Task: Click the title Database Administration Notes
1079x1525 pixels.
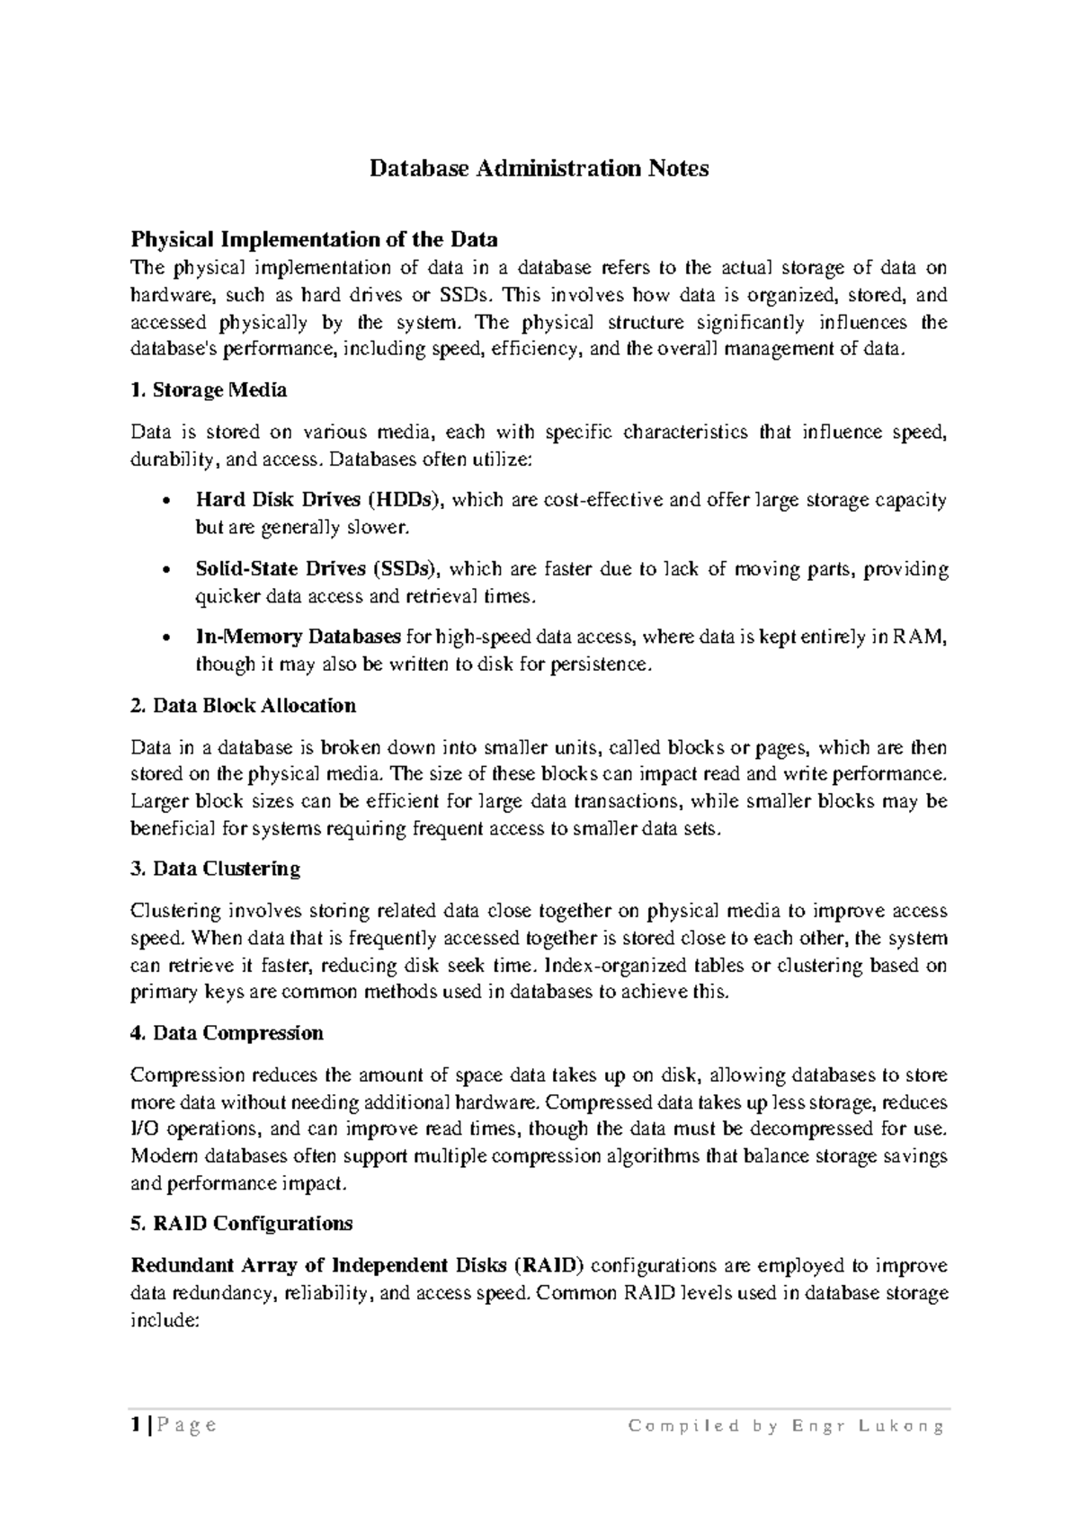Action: point(539,168)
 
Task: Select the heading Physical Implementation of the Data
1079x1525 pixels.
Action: point(314,239)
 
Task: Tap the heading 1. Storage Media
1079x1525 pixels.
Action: point(209,390)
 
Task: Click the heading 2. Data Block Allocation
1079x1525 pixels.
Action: point(243,705)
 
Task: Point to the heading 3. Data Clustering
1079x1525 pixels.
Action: point(215,869)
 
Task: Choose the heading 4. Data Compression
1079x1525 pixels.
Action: point(227,1032)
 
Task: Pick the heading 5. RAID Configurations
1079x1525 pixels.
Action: point(241,1223)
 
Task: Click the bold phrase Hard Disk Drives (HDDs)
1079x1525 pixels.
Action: point(319,500)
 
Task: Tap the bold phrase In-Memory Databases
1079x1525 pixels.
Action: point(298,638)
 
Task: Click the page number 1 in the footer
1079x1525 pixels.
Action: point(135,1425)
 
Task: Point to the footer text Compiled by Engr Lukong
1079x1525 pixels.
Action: point(786,1426)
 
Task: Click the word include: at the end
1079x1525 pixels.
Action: point(163,1320)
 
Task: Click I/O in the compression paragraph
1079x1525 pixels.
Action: point(145,1129)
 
